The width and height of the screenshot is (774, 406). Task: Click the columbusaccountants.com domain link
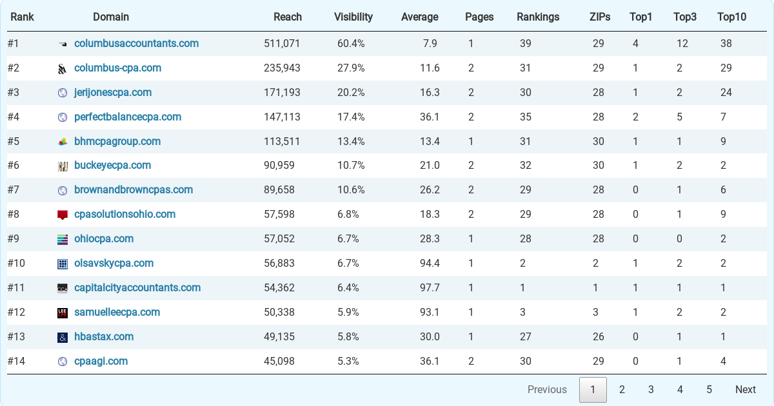tap(136, 44)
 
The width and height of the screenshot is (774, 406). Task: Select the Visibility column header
tap(353, 17)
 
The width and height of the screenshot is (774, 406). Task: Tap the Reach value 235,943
tap(282, 68)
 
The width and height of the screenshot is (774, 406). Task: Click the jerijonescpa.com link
tap(113, 93)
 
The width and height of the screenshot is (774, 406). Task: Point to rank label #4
tap(14, 117)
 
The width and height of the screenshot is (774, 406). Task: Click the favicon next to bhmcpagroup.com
tap(63, 142)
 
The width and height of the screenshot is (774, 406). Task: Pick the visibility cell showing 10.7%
tap(351, 166)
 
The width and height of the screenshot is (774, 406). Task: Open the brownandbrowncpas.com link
tap(134, 190)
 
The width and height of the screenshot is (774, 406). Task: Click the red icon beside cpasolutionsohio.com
tap(63, 215)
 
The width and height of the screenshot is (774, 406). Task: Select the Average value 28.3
tap(430, 239)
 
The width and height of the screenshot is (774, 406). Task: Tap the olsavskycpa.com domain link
tap(114, 264)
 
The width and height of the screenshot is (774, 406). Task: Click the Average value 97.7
tap(430, 288)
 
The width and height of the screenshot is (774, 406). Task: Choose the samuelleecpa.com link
tap(117, 313)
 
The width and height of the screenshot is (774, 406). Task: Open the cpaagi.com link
tap(101, 362)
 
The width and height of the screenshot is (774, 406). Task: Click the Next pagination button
tap(745, 390)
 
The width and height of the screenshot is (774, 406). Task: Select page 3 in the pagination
tap(651, 390)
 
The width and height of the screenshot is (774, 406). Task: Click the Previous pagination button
tap(547, 390)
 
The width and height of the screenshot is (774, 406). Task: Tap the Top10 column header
tap(731, 17)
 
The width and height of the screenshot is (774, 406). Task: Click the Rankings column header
tap(538, 17)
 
